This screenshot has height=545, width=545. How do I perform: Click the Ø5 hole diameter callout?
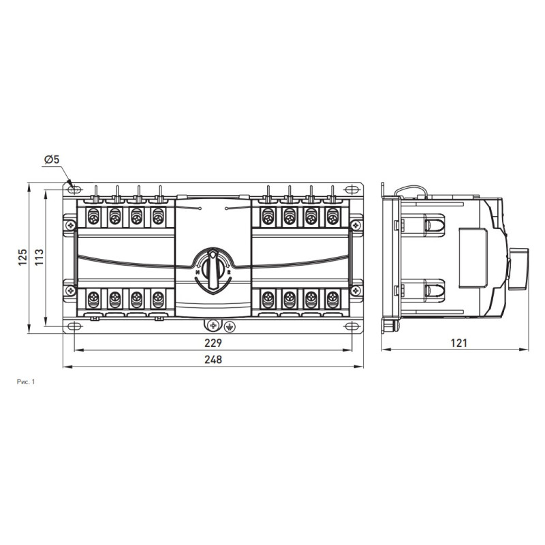click(52, 159)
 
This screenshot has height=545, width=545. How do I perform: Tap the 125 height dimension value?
click(23, 258)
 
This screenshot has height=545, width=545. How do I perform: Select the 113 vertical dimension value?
click(39, 258)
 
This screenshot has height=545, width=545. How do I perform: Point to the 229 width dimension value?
click(213, 343)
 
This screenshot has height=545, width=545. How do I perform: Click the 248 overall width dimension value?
click(213, 360)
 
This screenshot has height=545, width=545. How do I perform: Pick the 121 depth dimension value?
click(458, 343)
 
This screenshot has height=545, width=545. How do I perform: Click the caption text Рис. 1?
click(26, 382)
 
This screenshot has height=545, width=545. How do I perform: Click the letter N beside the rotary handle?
click(198, 272)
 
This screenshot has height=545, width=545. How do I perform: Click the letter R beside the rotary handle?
click(229, 272)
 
